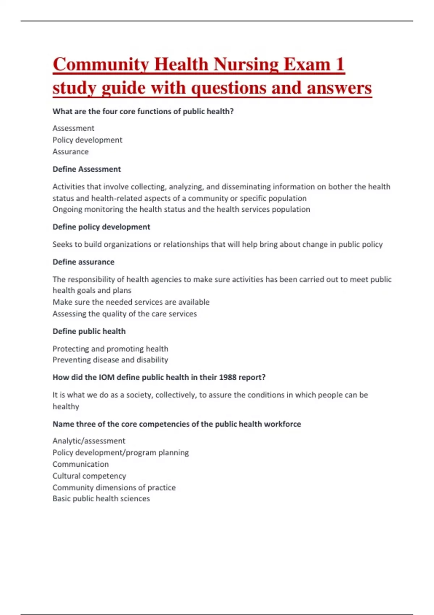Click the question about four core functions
[143, 111]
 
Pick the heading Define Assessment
[87, 169]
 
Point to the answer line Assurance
[71, 152]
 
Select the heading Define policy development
[101, 227]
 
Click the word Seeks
[62, 245]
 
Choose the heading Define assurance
[84, 262]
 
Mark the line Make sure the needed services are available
[131, 302]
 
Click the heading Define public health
[89, 331]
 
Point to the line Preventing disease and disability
[110, 360]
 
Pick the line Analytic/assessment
[89, 441]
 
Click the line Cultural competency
[89, 476]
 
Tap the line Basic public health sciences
[101, 499]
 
